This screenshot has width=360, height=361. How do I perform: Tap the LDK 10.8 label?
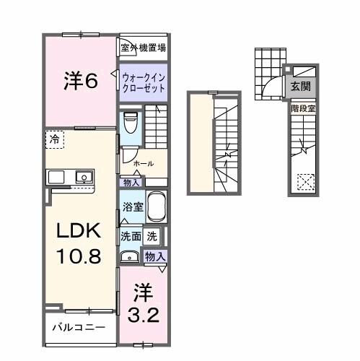(x=79, y=243)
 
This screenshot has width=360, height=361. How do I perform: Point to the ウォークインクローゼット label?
(x=143, y=81)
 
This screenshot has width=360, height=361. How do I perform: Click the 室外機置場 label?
(x=144, y=48)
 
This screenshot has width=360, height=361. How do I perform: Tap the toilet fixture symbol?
(x=131, y=123)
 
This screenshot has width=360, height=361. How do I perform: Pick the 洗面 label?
(x=130, y=235)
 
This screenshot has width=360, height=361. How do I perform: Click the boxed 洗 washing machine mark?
(x=152, y=235)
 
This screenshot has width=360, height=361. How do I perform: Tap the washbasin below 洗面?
(x=131, y=256)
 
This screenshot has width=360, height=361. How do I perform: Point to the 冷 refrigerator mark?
(x=55, y=139)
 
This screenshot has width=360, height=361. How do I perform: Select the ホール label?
(x=143, y=163)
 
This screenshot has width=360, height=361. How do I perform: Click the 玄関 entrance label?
(x=302, y=87)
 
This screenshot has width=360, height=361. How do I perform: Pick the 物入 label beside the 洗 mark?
(x=155, y=256)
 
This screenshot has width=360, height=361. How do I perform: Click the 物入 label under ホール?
(x=131, y=182)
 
